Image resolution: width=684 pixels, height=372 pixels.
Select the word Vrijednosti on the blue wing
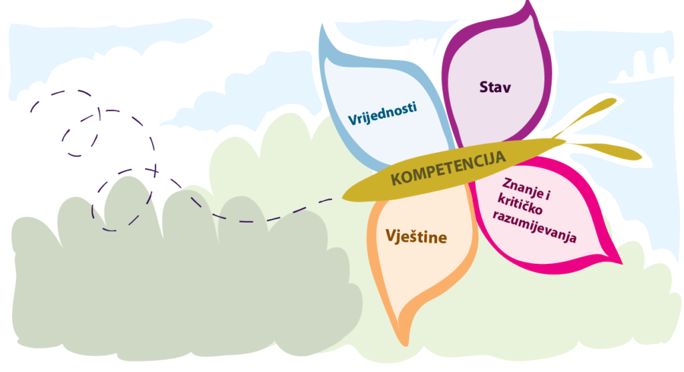382,114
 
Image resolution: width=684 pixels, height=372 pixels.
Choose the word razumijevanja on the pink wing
534,226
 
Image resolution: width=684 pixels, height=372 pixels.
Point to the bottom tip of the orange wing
405,341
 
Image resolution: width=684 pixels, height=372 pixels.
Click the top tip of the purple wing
527,5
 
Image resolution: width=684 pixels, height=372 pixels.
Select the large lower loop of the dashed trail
127,200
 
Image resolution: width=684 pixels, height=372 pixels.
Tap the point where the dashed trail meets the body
337,198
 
